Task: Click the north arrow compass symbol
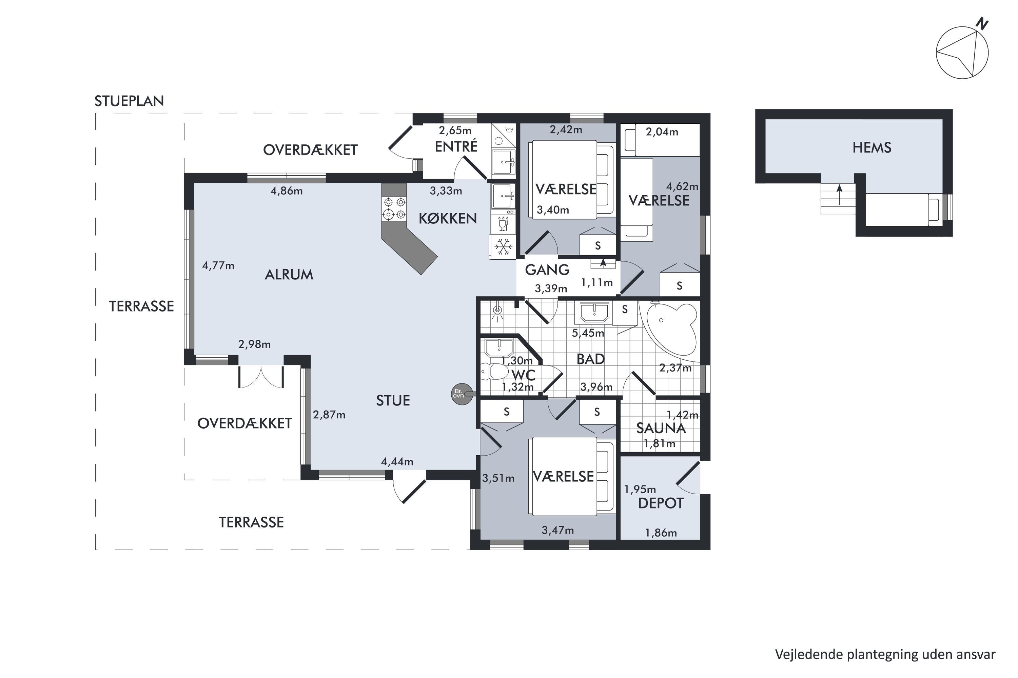click(962, 52)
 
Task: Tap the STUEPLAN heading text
click(129, 101)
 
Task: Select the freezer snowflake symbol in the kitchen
click(503, 246)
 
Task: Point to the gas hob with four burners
click(394, 208)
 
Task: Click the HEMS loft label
click(872, 148)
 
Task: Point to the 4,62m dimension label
click(682, 186)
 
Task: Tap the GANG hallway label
click(547, 270)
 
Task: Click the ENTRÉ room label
click(456, 146)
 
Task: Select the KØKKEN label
click(448, 218)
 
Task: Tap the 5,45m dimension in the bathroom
click(588, 333)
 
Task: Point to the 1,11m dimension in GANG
click(596, 283)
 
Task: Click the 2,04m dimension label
click(662, 132)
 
